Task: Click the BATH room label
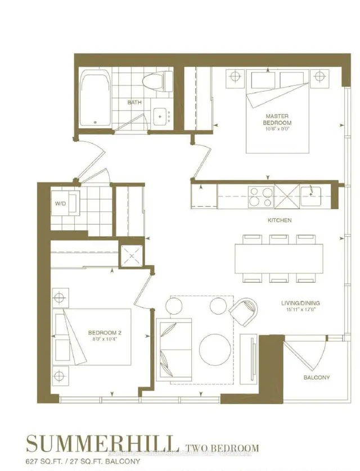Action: tap(134, 102)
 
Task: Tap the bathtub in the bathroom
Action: tap(96, 100)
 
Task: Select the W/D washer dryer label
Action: tap(61, 203)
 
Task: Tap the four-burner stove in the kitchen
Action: tap(260, 197)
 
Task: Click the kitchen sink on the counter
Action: tap(310, 197)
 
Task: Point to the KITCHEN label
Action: tap(279, 220)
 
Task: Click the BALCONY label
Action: tap(318, 377)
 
